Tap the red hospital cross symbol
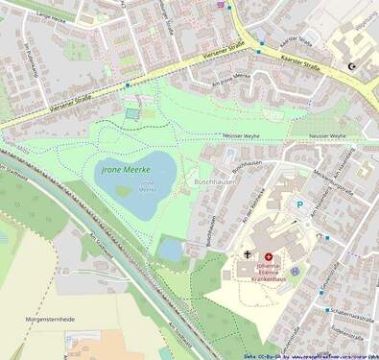point(269,257)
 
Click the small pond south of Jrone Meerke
point(170,251)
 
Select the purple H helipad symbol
point(295,272)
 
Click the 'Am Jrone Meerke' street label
point(232,89)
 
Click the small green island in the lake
point(123,190)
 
